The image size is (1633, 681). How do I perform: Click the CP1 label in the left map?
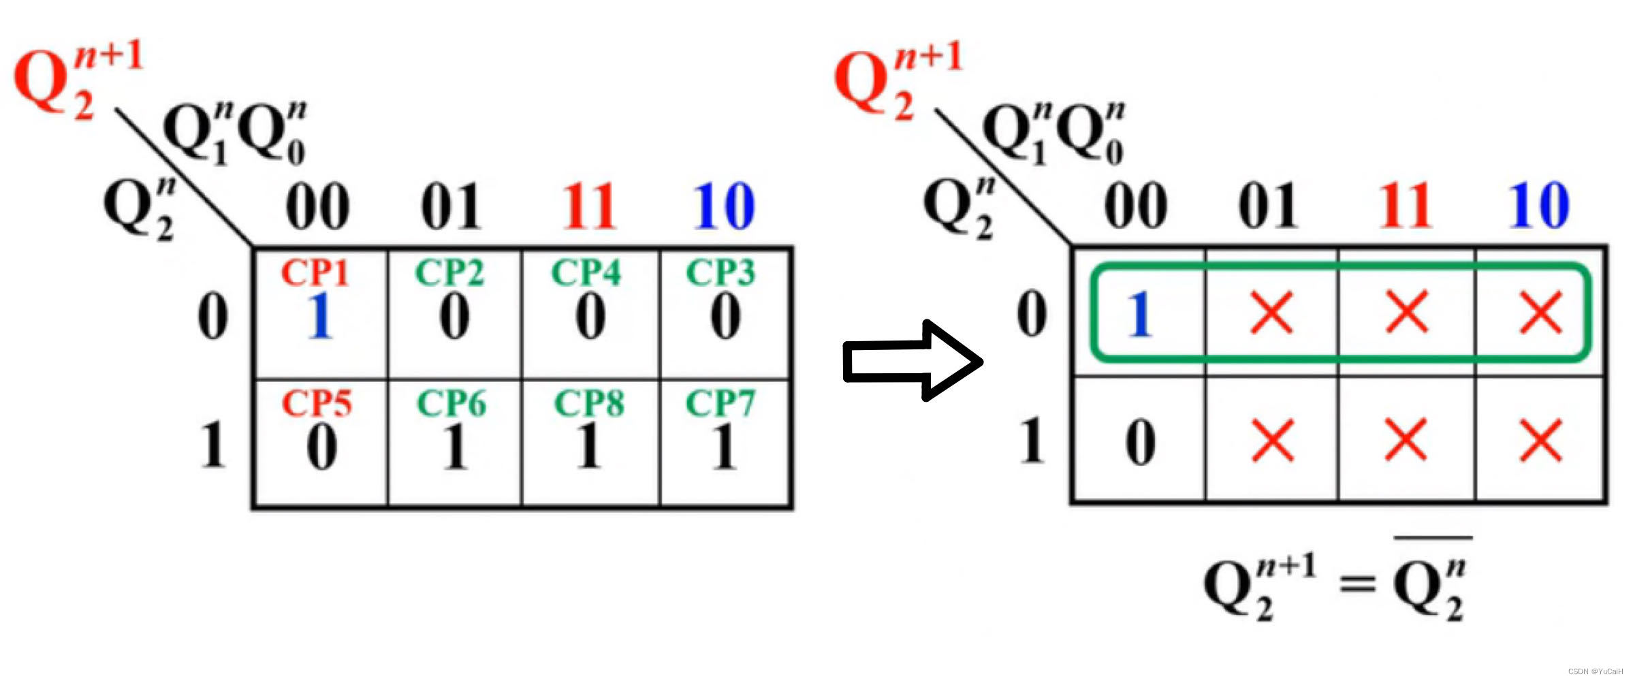coord(315,273)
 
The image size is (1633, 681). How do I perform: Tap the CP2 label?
coord(449,273)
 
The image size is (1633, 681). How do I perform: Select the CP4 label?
coord(586,273)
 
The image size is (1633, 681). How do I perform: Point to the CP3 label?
coord(720,273)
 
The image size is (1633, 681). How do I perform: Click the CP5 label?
coord(317,403)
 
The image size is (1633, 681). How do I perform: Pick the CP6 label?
coord(451,403)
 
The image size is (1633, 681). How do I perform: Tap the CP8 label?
coord(589,403)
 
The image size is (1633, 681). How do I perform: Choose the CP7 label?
coord(720,403)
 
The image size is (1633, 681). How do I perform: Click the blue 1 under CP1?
coord(319,316)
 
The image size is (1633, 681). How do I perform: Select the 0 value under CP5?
coord(321,447)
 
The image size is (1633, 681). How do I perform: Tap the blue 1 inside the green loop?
coord(1139,314)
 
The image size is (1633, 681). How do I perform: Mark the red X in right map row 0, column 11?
coord(1407,313)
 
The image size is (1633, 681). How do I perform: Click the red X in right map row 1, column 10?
coord(1541,441)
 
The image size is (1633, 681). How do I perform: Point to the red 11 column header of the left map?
coord(590,206)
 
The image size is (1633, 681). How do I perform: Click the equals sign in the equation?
coord(1357,584)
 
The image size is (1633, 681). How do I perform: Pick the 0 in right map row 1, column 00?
coord(1141,443)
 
